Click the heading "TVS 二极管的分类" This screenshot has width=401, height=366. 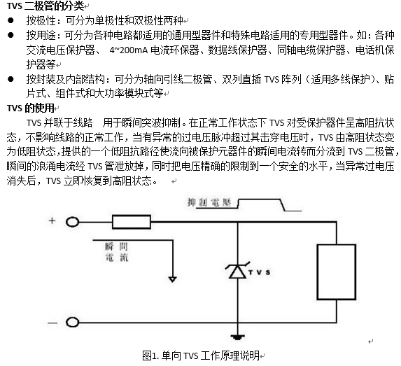tap(45, 6)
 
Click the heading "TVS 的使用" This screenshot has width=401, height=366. tap(31, 108)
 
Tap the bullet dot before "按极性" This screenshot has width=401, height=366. tap(10, 20)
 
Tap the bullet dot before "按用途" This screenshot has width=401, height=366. tap(10, 35)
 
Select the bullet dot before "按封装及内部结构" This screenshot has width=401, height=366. tap(10, 79)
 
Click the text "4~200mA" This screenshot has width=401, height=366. tap(129, 50)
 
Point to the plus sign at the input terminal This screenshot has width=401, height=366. tap(52, 220)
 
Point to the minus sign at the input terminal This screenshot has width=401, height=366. tap(52, 323)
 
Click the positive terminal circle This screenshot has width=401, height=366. tap(72, 222)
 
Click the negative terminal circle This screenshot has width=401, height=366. tap(72, 323)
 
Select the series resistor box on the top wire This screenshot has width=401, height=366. tap(132, 222)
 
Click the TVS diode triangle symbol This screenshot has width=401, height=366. tap(237, 271)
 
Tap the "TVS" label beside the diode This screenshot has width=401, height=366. tap(260, 272)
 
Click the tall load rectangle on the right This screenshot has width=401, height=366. tap(337, 272)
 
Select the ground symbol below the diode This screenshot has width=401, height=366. tap(237, 337)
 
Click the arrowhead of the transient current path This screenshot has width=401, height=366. tap(173, 279)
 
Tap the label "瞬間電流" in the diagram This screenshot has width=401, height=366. tap(117, 252)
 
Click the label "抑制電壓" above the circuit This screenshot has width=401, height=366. tap(209, 202)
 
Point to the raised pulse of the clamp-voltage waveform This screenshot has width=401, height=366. tap(260, 199)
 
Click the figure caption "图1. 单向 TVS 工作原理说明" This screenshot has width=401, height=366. tap(201, 356)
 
